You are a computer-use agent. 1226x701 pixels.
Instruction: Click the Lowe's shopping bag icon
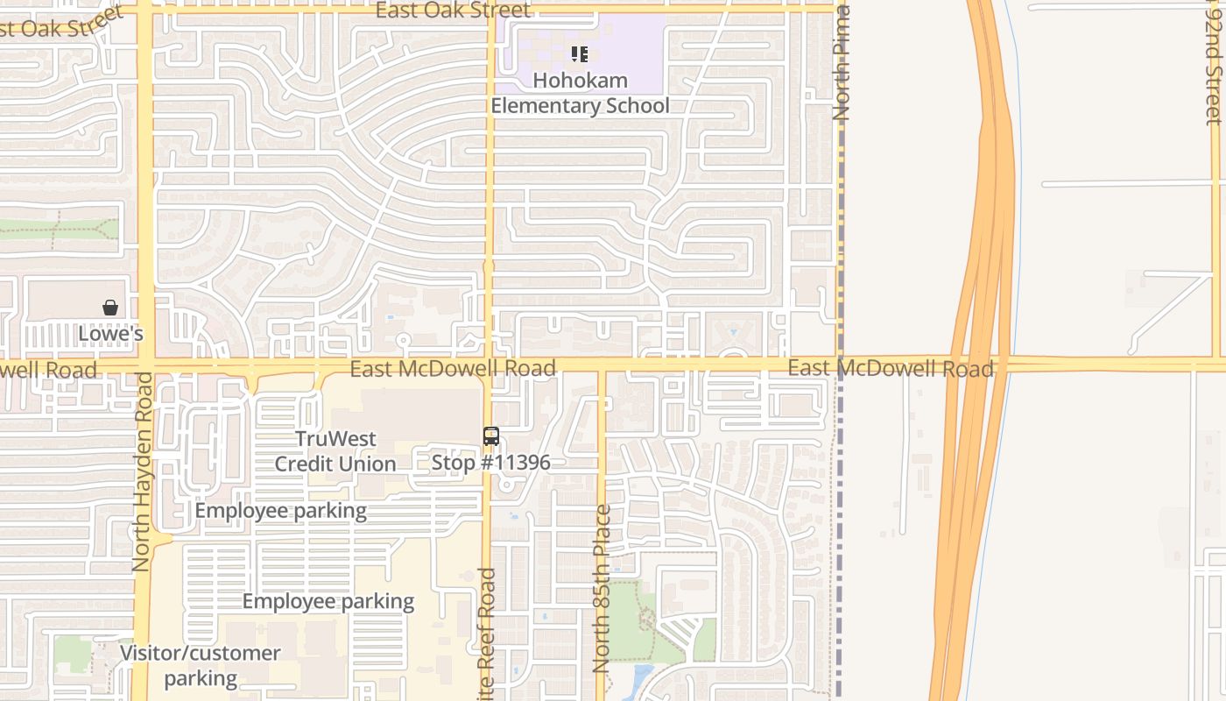click(110, 308)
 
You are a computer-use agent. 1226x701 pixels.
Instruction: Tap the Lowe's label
click(110, 334)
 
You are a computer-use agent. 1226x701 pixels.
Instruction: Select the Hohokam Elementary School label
click(580, 93)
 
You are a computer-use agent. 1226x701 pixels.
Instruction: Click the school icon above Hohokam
click(579, 55)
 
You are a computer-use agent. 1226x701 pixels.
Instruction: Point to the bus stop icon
click(491, 436)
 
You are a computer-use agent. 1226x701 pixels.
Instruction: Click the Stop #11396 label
click(490, 462)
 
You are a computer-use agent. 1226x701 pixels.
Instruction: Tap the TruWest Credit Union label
click(335, 451)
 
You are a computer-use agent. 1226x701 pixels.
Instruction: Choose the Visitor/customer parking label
click(201, 665)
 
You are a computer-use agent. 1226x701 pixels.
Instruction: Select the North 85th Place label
click(602, 589)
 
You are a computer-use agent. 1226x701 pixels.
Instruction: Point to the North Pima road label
click(842, 63)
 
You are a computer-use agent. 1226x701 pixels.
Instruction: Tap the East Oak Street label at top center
click(453, 11)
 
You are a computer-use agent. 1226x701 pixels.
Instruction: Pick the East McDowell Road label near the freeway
click(890, 368)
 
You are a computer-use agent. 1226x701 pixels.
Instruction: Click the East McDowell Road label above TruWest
click(453, 368)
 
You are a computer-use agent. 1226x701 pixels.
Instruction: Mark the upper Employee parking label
click(280, 511)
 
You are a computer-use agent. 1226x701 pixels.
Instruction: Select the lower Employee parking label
click(328, 601)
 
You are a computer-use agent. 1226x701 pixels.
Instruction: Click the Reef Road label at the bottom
click(488, 634)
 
